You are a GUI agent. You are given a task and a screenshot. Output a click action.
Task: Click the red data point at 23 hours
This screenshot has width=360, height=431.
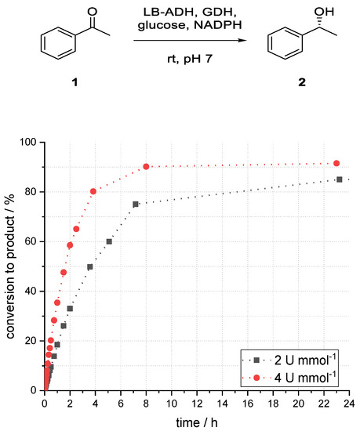(336, 163)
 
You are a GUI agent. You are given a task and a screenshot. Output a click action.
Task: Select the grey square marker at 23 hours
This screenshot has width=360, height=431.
(339, 179)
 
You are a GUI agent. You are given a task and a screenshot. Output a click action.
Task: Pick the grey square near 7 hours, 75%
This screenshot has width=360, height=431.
(136, 204)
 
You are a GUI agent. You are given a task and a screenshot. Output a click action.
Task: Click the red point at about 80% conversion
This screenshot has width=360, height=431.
(93, 191)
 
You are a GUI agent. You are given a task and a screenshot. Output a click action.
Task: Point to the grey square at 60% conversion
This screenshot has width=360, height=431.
(109, 241)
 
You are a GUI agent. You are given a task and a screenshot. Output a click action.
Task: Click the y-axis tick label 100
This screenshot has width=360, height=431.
(30, 143)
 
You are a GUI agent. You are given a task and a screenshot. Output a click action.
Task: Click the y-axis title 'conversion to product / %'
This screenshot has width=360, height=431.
(10, 266)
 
